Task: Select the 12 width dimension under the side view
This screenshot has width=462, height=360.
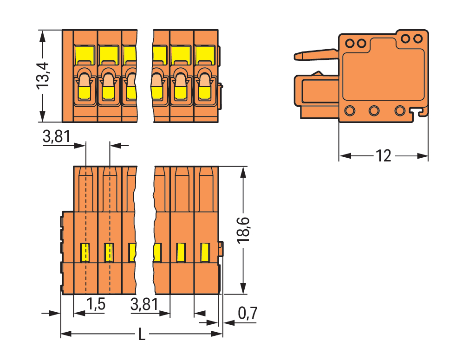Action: click(x=384, y=156)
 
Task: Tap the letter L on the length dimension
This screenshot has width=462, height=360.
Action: click(x=142, y=334)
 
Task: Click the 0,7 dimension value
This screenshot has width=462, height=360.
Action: click(x=247, y=314)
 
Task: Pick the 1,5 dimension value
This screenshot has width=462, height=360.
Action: click(x=96, y=305)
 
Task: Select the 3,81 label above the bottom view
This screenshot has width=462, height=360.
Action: click(x=56, y=137)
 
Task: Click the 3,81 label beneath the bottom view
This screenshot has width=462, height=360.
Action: click(x=144, y=305)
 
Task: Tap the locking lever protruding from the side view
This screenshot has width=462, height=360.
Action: click(x=316, y=54)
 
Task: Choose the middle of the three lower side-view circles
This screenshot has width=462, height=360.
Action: click(x=374, y=111)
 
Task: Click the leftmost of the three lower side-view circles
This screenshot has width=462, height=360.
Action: click(x=350, y=111)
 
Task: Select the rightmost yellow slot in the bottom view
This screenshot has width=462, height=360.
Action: click(x=204, y=252)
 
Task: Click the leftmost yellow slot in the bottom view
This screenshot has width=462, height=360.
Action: click(x=85, y=252)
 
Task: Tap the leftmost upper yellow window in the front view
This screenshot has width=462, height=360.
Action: click(x=85, y=55)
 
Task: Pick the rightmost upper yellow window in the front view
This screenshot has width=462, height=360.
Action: click(x=204, y=55)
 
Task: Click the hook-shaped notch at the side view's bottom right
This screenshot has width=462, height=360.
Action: click(x=421, y=112)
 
